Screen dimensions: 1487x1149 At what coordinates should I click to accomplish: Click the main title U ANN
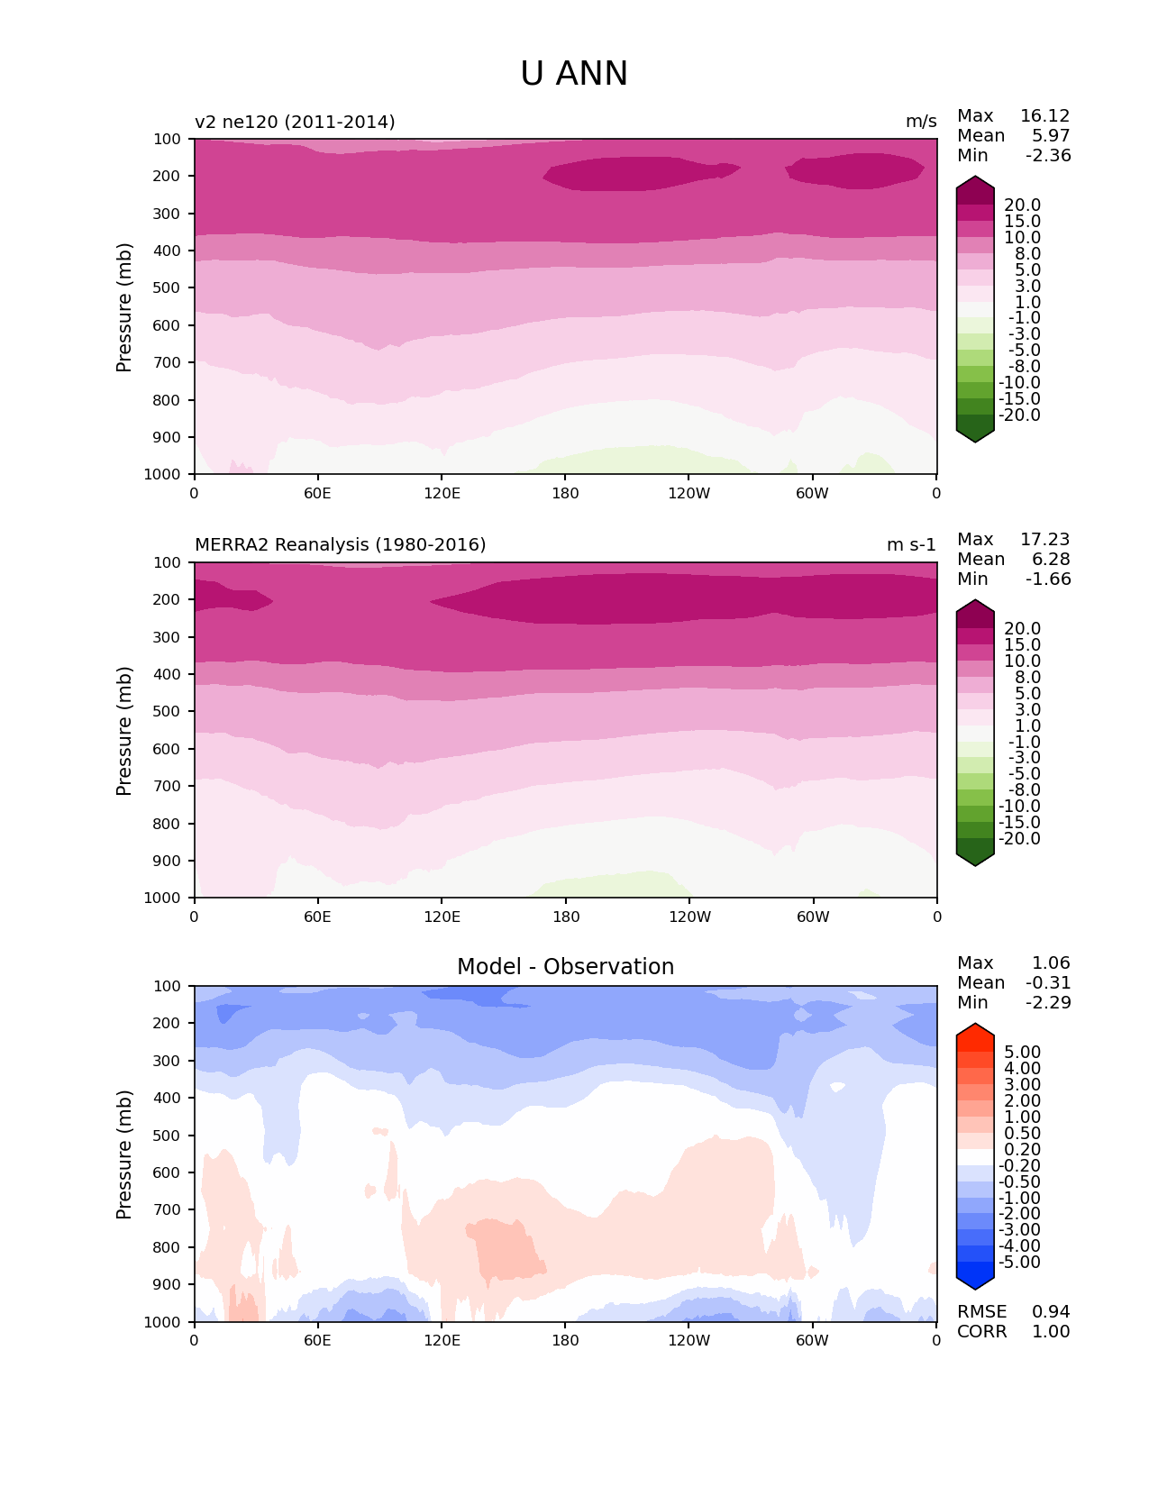[x=574, y=74]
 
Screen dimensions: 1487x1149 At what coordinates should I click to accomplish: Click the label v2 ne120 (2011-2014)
[x=295, y=122]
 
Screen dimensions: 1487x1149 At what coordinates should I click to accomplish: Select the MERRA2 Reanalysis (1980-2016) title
[x=340, y=545]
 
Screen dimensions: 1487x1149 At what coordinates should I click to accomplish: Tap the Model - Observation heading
[x=565, y=967]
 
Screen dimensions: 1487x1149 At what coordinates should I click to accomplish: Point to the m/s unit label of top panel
[x=921, y=122]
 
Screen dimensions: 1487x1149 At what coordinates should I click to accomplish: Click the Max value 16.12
[x=1044, y=116]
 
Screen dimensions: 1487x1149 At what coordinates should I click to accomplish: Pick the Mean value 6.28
[x=1051, y=560]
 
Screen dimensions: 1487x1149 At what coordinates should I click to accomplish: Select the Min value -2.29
[x=1048, y=1003]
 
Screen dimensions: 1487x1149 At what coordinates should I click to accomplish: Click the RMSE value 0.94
[x=1051, y=1312]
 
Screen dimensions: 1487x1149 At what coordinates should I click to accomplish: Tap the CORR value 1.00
[x=1051, y=1332]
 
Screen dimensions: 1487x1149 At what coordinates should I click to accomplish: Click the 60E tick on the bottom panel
[x=317, y=1340]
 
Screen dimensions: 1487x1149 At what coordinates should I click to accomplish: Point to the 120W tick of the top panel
[x=688, y=493]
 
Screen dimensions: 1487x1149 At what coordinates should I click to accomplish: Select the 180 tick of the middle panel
[x=566, y=917]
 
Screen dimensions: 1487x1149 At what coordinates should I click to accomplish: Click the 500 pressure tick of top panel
[x=168, y=288]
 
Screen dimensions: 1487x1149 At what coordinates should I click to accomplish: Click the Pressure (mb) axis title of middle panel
[x=124, y=731]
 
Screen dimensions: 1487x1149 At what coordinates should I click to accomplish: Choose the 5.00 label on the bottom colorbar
[x=1022, y=1053]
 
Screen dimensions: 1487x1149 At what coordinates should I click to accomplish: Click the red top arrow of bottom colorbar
[x=975, y=1033]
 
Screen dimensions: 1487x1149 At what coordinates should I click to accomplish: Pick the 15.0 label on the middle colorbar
[x=1022, y=645]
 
